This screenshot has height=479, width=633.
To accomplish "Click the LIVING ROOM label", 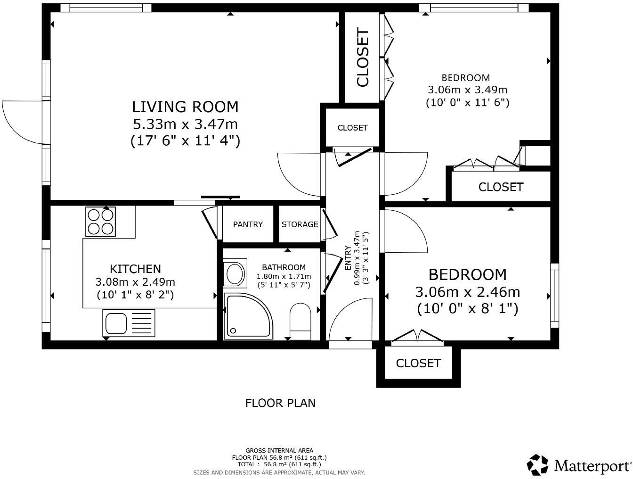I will pos(185,107).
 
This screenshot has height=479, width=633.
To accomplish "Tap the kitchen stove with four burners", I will pos(100,222).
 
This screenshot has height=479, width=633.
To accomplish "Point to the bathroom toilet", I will pos(300,321).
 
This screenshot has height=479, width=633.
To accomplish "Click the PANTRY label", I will pos(248,224).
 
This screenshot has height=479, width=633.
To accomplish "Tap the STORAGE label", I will pos(300,224).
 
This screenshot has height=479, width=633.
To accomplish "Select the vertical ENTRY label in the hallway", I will pos(348,258).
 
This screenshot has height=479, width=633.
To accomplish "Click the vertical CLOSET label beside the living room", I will pos(363,58).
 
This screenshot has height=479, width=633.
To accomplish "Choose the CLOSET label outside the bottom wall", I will pos(418,363).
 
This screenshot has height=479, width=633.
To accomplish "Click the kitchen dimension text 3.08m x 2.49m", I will pos(135,282).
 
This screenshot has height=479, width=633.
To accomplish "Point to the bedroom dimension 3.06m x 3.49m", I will pos(467,90).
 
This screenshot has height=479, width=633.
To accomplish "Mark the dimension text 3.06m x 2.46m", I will pos(467,292).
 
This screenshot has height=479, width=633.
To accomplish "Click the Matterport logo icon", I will pos(537,465).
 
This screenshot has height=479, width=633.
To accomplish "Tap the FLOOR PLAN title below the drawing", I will pos(280,403).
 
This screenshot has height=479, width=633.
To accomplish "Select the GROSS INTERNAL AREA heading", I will pos(279,451).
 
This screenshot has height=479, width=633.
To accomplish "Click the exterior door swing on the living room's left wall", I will pos(23,120).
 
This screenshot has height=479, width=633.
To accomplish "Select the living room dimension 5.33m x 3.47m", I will pos(185,124).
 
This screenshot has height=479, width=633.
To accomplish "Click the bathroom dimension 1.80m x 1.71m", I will pos(284,277).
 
